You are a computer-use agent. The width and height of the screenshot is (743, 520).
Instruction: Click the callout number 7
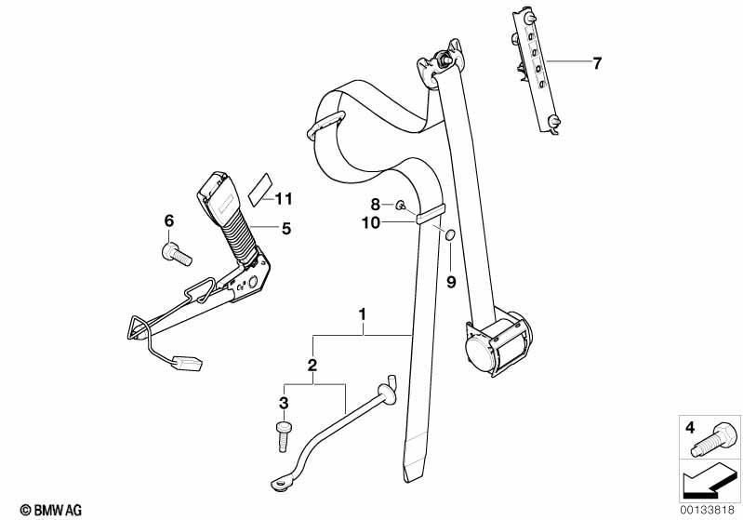[x=597, y=63]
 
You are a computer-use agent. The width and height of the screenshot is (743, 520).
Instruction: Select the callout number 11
[x=284, y=199]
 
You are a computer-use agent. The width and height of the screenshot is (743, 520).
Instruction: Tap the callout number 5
[x=286, y=229]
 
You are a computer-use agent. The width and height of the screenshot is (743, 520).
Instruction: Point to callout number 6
[x=169, y=220]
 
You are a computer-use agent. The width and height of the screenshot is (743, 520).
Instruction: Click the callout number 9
[x=451, y=282]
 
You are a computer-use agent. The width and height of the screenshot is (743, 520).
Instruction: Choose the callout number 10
[x=372, y=222]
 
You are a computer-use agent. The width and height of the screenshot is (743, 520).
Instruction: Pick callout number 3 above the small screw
[x=284, y=404]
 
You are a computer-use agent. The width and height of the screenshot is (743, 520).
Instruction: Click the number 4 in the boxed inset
[x=690, y=428]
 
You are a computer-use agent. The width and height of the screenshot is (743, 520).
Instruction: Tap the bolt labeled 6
[x=177, y=254]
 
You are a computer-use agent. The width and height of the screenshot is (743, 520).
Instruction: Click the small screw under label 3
[x=284, y=436]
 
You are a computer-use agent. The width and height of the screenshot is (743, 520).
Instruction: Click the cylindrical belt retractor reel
[x=497, y=343]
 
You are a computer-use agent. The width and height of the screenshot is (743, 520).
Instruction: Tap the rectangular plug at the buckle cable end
[x=189, y=364]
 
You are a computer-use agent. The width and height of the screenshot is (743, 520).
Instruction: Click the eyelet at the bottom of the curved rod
[x=282, y=484]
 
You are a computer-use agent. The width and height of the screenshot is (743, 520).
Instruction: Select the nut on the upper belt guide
[x=444, y=61]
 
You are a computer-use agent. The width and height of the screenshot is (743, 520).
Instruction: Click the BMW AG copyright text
[x=51, y=510]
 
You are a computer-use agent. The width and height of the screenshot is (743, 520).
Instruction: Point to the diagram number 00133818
[x=708, y=510]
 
